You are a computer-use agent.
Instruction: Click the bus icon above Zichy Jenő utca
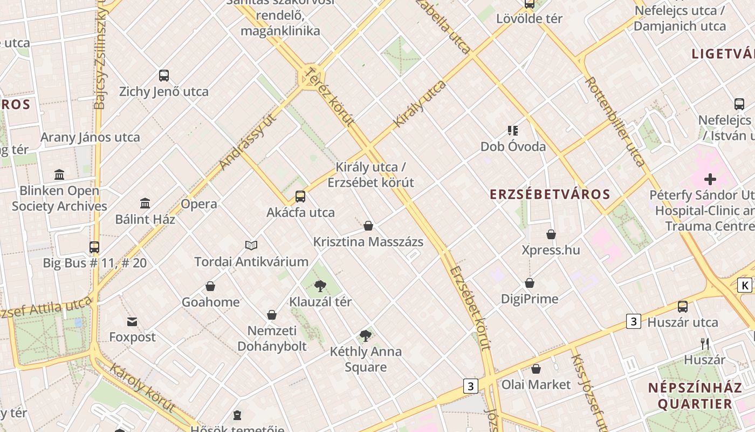(x=164, y=76)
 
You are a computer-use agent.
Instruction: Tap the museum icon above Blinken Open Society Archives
(x=59, y=175)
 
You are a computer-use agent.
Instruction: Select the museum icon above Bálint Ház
(x=145, y=204)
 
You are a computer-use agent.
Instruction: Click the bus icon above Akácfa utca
(x=300, y=197)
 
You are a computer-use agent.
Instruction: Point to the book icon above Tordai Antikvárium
(x=251, y=246)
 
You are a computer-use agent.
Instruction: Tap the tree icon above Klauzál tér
(x=320, y=286)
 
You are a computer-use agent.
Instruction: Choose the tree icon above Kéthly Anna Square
(x=366, y=336)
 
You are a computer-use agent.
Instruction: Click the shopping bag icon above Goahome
(x=210, y=286)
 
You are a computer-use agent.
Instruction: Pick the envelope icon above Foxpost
(x=132, y=322)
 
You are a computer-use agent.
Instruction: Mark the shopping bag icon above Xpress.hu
(x=551, y=234)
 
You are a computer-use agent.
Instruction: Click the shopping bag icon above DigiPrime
(x=530, y=283)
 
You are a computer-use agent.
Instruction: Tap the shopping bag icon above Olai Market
(x=536, y=369)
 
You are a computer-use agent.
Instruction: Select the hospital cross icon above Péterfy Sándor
(x=710, y=179)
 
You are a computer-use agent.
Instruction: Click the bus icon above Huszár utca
(x=683, y=307)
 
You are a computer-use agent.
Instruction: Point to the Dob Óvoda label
(x=513, y=146)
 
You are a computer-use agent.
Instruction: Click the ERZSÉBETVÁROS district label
(x=550, y=194)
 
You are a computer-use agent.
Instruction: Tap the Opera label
(x=199, y=204)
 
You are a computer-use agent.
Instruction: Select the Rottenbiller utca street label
(x=615, y=122)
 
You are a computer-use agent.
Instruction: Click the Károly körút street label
(x=142, y=388)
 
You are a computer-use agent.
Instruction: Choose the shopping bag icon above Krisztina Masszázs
(x=368, y=226)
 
